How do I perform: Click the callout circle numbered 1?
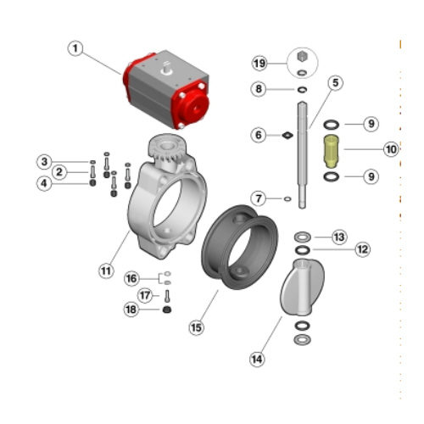(75, 48)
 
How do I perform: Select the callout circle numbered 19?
(259, 63)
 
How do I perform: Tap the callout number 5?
(336, 83)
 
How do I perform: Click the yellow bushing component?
(331, 151)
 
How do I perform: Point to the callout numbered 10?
(391, 149)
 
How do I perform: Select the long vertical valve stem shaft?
(302, 155)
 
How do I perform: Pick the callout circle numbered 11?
(106, 271)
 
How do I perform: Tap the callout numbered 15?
(196, 327)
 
